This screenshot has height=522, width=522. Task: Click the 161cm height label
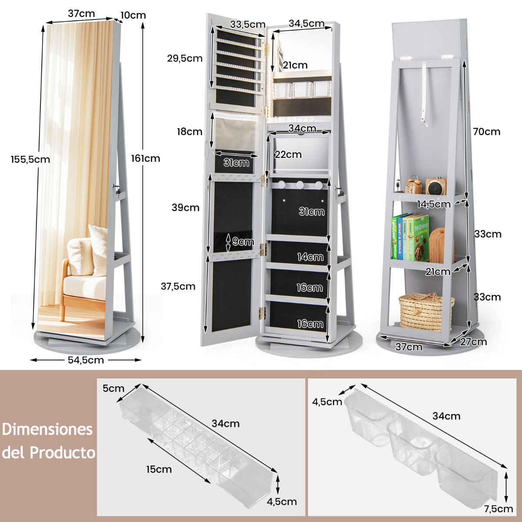point(145,158)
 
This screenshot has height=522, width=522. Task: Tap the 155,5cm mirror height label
point(30,159)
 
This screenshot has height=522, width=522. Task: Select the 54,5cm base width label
point(86,360)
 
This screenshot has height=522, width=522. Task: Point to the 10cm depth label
point(133,15)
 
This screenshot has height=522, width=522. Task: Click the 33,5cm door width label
point(248,24)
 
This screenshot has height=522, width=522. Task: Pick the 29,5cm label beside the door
point(185,58)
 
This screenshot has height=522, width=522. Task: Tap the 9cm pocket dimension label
point(243,241)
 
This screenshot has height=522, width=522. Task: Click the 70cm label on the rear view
point(486,132)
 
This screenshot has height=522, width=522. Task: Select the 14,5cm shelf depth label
point(434,204)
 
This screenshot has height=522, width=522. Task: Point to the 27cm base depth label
point(474,342)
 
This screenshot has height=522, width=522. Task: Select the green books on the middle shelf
point(410,238)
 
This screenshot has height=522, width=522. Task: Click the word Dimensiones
point(47,429)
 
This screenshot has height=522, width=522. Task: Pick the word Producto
point(62,452)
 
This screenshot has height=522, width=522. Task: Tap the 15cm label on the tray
point(159,469)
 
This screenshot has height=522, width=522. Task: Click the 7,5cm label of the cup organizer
point(499,509)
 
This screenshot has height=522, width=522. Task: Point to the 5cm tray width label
point(113,388)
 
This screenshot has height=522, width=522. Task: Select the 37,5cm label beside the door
point(178,286)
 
